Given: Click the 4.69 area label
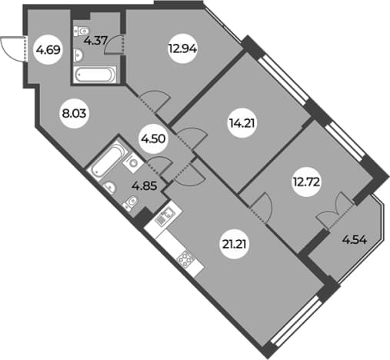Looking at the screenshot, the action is click(48, 50).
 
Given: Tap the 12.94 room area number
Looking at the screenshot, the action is click(182, 48).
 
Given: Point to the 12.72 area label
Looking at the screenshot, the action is click(306, 183).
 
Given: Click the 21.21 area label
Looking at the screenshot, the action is click(235, 245).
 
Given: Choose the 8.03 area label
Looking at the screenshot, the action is click(75, 114).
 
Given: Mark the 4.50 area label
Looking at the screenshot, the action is click(154, 139).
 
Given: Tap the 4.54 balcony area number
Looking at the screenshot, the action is click(354, 241).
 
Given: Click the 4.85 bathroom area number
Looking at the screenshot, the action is click(144, 186).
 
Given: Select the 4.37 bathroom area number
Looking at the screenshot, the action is click(95, 41).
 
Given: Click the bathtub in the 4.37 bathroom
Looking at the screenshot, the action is click(95, 75).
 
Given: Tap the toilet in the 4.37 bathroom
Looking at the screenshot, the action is click(81, 31).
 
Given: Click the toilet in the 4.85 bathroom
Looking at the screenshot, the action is click(131, 202).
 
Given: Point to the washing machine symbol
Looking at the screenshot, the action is click(133, 162).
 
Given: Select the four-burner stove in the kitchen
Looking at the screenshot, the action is click(185, 259).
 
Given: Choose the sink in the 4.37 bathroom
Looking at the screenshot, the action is click(78, 55).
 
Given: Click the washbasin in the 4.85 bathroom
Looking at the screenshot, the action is click(109, 188).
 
